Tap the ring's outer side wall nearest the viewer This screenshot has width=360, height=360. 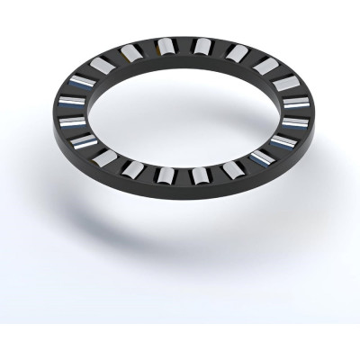tap(180, 192)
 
